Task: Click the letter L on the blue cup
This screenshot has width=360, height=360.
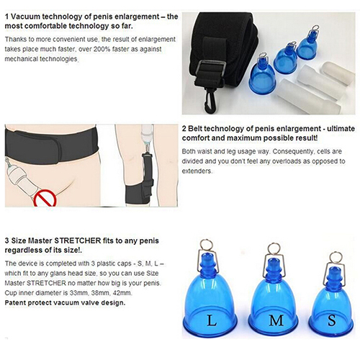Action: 212,320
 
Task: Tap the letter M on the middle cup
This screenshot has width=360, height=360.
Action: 276,320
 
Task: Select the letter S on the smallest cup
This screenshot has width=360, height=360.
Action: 332,320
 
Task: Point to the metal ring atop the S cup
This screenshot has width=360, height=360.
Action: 335,257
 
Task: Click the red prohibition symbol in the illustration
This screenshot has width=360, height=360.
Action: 45,198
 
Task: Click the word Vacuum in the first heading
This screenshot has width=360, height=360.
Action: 25,17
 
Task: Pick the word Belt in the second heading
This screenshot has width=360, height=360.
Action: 195,129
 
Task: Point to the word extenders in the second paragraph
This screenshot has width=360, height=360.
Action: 197,171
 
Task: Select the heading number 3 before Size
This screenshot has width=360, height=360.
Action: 7,240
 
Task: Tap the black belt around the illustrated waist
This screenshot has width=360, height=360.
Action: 51,144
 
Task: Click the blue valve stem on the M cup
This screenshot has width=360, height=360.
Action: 274,267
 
